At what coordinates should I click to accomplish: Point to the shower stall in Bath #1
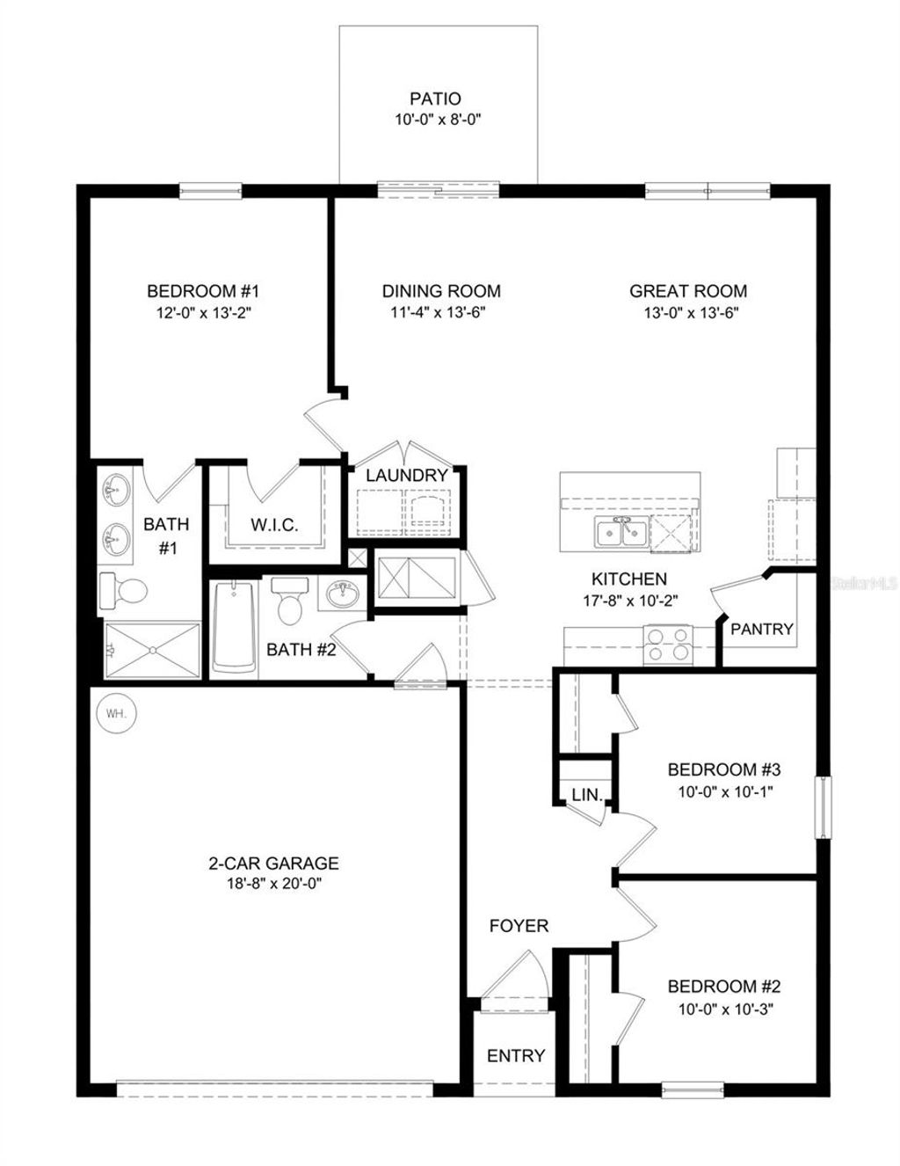click(x=151, y=650)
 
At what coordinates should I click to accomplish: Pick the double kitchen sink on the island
click(x=621, y=532)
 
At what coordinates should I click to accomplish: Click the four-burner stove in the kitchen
click(x=667, y=644)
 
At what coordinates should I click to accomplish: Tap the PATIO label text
click(x=435, y=99)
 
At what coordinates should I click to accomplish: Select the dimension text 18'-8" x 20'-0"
click(x=273, y=885)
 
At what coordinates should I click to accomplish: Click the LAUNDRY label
click(x=407, y=476)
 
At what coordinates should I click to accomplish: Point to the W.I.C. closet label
click(x=274, y=526)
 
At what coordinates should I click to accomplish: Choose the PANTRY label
click(x=762, y=629)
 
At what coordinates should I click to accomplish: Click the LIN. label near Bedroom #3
click(x=587, y=795)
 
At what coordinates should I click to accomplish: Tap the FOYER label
click(x=519, y=926)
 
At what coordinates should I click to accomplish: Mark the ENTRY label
click(x=516, y=1055)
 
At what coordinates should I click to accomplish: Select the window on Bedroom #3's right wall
click(x=823, y=807)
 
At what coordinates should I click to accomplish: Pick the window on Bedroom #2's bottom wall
click(x=693, y=1089)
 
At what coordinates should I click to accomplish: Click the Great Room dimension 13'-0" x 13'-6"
click(x=688, y=313)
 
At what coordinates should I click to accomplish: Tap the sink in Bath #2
click(x=341, y=594)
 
